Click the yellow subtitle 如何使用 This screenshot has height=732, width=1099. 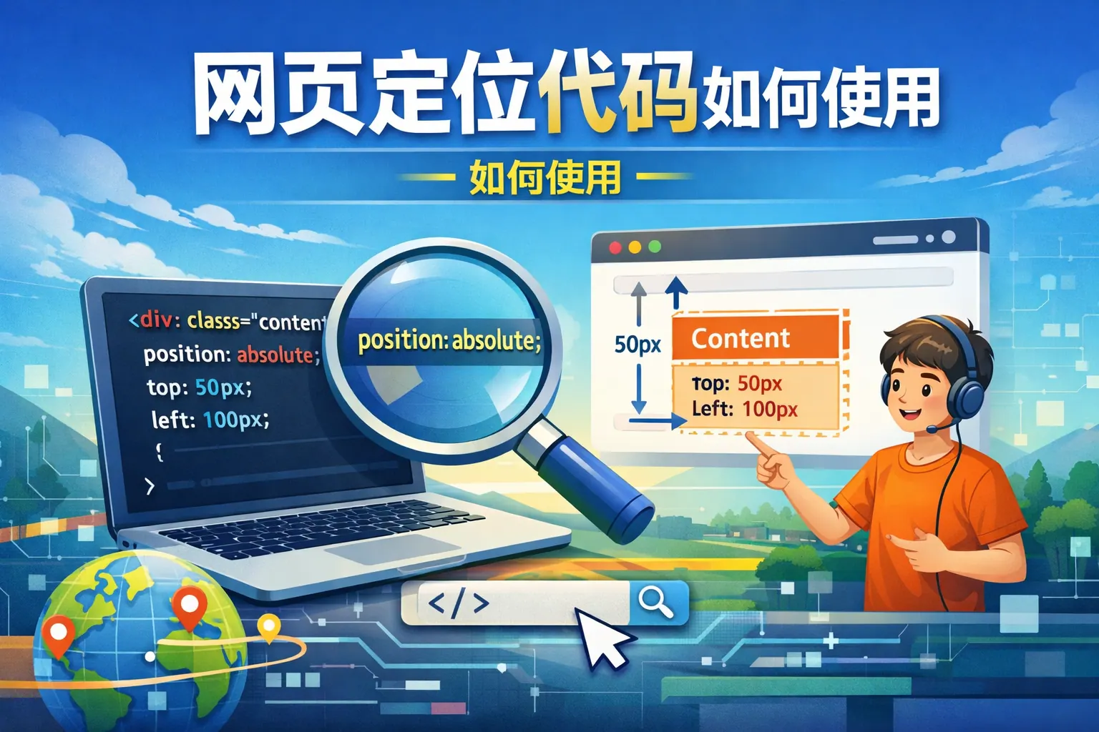point(545,177)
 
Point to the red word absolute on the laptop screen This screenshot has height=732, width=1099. point(275,355)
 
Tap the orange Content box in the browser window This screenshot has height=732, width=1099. point(755,337)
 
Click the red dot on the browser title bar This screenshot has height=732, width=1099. point(615,247)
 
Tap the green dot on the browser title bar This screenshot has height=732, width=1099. point(655,247)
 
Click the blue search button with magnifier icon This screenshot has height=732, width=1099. point(658,603)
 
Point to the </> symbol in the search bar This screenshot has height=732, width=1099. point(458,603)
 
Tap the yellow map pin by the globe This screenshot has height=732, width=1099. point(269,627)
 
